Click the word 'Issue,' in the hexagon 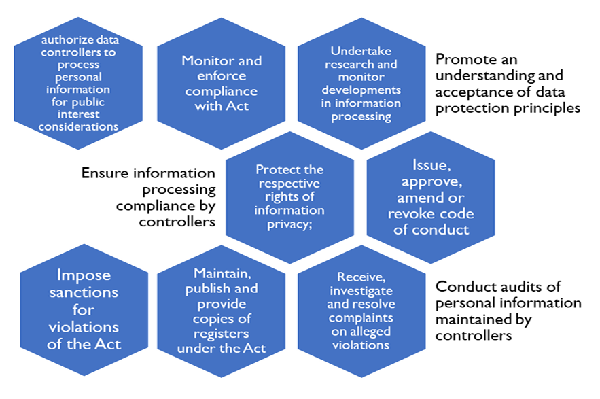point(431,165)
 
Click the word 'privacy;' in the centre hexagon point(289,225)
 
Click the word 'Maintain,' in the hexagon point(222,273)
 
